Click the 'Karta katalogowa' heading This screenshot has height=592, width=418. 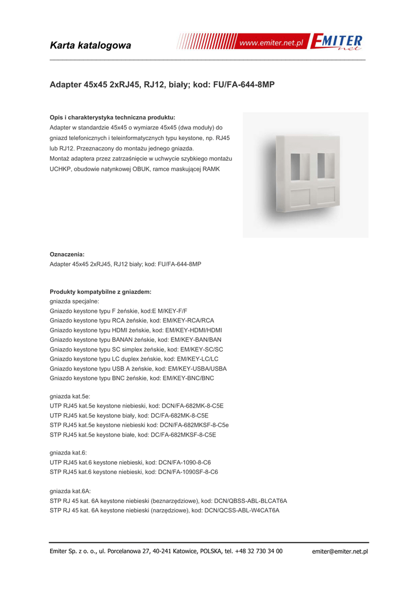(x=91, y=45)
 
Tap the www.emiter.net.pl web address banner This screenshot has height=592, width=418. (x=271, y=43)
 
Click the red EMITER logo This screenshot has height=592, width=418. (x=336, y=42)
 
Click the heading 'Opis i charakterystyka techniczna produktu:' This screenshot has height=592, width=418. (x=113, y=117)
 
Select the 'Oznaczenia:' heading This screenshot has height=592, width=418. (x=67, y=254)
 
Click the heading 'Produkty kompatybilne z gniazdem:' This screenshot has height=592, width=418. (x=100, y=292)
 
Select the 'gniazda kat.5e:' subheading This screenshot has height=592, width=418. (x=70, y=397)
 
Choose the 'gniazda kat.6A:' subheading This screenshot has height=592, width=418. (x=70, y=491)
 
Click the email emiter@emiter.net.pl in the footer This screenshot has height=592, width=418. (x=339, y=552)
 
